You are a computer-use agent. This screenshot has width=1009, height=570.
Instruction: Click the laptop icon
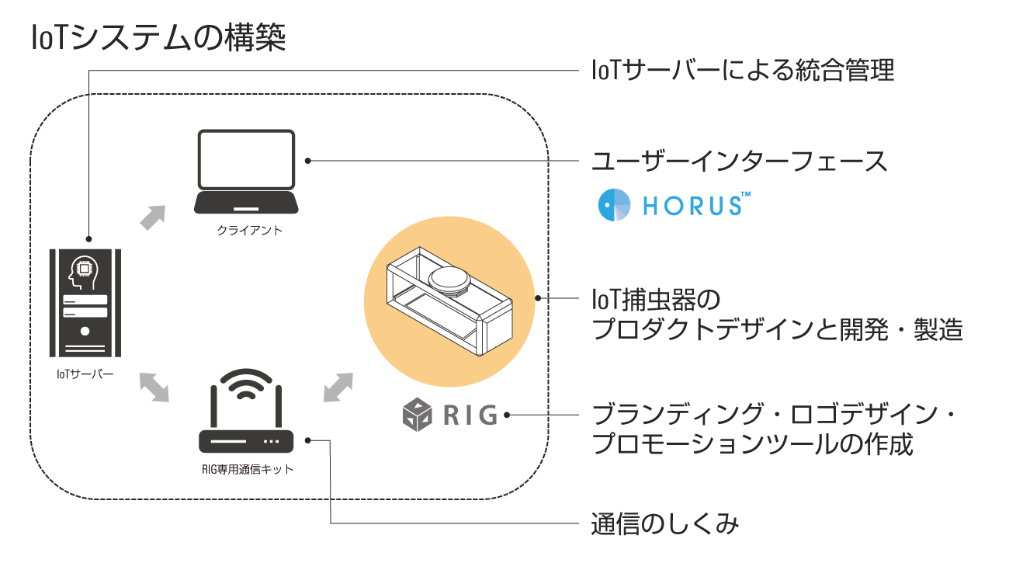coord(246,172)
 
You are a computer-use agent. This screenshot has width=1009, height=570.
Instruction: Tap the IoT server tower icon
coord(85,304)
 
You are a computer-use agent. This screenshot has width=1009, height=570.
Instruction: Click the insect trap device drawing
coord(449,304)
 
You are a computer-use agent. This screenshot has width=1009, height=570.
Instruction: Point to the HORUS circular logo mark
coord(616,204)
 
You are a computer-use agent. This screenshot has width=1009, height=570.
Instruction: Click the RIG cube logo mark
coord(418,414)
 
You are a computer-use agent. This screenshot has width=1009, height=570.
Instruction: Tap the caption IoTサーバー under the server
coord(85,375)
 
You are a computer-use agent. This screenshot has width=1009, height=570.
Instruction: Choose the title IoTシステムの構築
coord(158,37)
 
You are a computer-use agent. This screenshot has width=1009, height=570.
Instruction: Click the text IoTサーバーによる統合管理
coord(744,71)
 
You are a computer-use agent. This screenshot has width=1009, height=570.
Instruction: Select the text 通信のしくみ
coord(665,524)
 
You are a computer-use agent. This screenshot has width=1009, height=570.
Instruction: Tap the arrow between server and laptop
coord(153,217)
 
